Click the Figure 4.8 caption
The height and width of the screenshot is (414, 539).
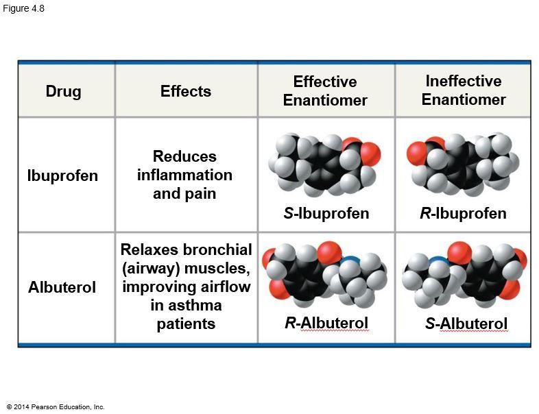pos(23,8)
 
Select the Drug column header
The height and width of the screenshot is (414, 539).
pos(63,91)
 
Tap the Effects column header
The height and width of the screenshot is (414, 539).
pos(185,91)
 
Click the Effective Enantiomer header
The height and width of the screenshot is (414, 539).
pos(325,91)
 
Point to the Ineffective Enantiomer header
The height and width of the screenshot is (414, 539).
pos(464,90)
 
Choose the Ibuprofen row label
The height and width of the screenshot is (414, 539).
pos(62,175)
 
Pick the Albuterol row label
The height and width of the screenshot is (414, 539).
pos(62,288)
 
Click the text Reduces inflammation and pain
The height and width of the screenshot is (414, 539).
pos(184,175)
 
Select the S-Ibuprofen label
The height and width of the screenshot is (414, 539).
pos(326,213)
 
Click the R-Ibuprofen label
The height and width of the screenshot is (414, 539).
pos(463,213)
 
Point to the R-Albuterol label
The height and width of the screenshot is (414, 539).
pos(326,323)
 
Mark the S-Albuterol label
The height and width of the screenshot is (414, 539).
pos(466,324)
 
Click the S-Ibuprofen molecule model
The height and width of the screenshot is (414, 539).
pos(324,165)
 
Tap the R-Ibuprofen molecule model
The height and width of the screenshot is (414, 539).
pos(463,165)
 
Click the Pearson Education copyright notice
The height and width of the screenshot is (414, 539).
pos(56,407)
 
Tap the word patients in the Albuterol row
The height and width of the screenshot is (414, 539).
pos(186,324)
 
